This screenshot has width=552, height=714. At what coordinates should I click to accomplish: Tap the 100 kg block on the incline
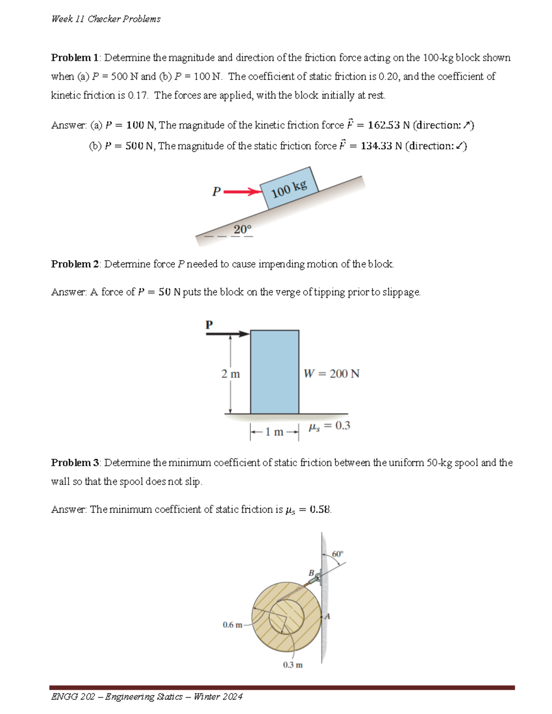click(x=289, y=188)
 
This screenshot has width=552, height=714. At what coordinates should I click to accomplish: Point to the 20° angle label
click(x=242, y=229)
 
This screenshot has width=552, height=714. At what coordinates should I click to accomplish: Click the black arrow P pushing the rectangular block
click(x=227, y=334)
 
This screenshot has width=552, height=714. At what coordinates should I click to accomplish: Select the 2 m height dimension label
click(x=230, y=374)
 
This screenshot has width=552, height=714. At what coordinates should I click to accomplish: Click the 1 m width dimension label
click(x=275, y=432)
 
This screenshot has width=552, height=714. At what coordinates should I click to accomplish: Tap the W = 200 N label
click(x=331, y=374)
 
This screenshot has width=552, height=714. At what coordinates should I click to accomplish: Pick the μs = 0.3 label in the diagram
click(x=329, y=426)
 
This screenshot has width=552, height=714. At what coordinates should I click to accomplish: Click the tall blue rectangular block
click(x=275, y=371)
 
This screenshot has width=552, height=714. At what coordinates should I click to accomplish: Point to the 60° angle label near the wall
click(x=337, y=554)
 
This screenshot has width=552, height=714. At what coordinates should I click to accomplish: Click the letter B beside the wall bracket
click(x=311, y=573)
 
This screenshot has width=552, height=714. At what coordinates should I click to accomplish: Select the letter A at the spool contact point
click(x=327, y=617)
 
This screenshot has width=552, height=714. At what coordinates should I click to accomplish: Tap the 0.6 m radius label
click(x=232, y=625)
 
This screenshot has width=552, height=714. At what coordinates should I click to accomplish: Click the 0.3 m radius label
click(x=293, y=665)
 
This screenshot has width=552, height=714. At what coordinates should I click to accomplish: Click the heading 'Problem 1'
click(x=75, y=58)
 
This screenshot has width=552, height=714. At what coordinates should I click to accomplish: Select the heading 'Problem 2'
click(x=75, y=264)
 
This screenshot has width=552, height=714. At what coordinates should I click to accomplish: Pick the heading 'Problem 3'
click(x=75, y=463)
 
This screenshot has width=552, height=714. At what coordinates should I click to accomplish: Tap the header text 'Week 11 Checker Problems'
click(x=106, y=19)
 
